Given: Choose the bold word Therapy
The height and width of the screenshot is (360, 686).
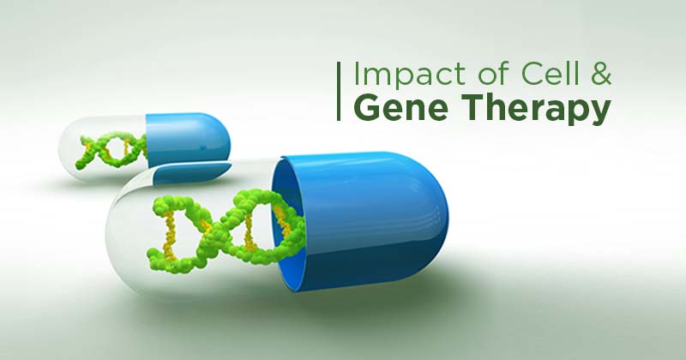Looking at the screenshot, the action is click(534, 110).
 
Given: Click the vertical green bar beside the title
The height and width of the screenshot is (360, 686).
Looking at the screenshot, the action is click(339, 91).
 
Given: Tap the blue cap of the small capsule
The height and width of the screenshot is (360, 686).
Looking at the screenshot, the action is click(188, 139).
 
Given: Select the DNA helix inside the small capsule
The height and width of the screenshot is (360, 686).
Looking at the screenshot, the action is click(111, 150).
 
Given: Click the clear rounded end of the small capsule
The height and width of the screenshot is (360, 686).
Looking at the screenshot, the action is click(83, 147).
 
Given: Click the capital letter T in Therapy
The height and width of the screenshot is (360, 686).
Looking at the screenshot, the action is click(470, 108).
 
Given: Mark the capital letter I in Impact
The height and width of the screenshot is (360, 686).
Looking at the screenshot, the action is click(356, 74).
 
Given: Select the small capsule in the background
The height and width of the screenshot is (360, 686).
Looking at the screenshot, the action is click(144, 147).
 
